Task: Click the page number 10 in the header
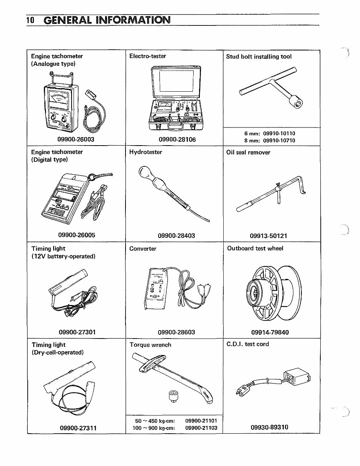point(31,20)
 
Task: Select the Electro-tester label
point(148,56)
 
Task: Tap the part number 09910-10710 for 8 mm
point(279,141)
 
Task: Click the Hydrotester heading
point(146,152)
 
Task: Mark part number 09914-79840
point(270,332)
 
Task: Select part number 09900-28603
point(176,332)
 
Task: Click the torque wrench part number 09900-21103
point(201,428)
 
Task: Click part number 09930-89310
point(269,427)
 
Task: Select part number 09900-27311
point(78,428)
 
